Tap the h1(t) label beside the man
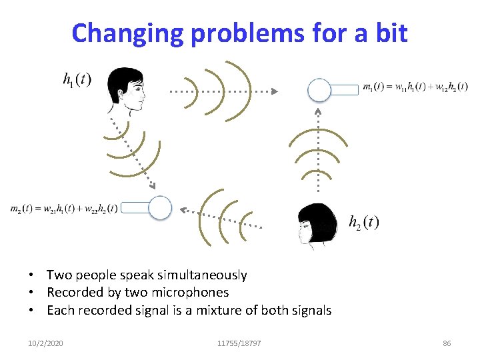click(77, 80)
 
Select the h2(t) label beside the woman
click(363, 222)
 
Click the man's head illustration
click(127, 91)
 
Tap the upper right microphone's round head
click(319, 89)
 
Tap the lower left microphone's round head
click(160, 207)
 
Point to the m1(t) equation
click(415, 87)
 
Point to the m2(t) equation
click(64, 208)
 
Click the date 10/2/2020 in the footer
click(46, 343)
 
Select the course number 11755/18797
click(239, 343)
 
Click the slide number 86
click(447, 343)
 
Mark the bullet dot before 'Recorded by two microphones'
click(32, 293)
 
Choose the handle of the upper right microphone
click(344, 89)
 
